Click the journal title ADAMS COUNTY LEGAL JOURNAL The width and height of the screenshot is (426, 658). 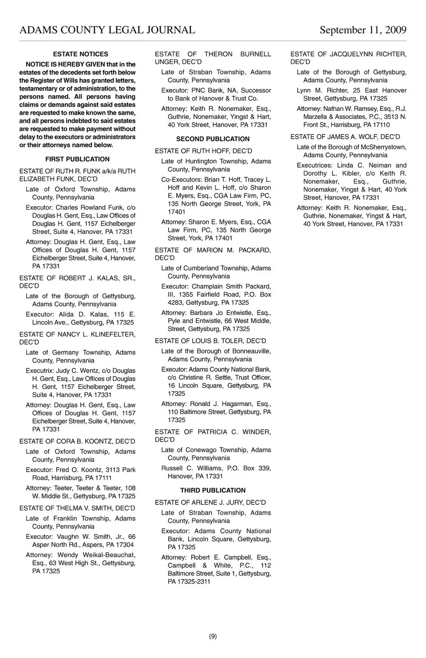pyautogui.click(x=107, y=30)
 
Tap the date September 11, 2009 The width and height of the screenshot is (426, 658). pyautogui.click(x=363, y=30)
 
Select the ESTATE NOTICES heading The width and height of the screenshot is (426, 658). pyautogui.click(x=80, y=54)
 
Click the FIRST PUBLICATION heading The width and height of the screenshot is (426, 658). pyautogui.click(x=77, y=159)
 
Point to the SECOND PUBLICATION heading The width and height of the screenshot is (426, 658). pyautogui.click(x=213, y=139)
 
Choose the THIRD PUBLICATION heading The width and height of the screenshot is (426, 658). pyautogui.click(x=213, y=490)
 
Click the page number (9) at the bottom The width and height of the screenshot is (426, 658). pyautogui.click(x=213, y=636)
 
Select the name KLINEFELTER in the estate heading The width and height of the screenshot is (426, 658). pyautogui.click(x=113, y=335)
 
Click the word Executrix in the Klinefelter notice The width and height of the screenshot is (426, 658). pyautogui.click(x=40, y=371)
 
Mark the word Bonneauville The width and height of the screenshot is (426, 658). pyautogui.click(x=249, y=351)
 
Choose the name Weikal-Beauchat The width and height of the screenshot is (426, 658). pyautogui.click(x=109, y=555)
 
